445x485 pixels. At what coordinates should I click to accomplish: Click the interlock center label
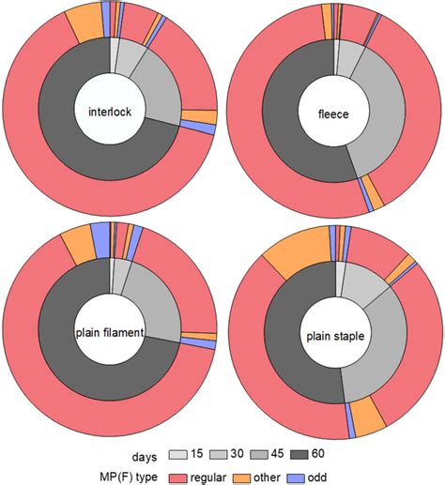[x=111, y=113]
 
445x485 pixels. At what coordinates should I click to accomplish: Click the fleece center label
[x=334, y=114]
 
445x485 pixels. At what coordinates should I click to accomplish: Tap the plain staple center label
[x=334, y=334]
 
